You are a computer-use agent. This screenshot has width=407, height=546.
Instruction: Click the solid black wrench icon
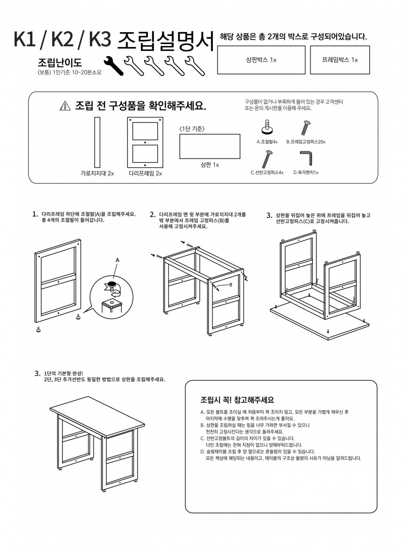(114, 66)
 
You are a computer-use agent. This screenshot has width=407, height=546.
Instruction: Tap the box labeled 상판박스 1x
(261, 60)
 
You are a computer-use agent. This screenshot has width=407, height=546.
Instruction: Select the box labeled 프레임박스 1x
(340, 60)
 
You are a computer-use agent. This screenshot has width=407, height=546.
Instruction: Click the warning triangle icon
(65, 106)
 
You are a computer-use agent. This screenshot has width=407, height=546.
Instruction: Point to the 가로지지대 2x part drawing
(97, 142)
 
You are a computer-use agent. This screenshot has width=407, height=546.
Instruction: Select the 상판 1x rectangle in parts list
(210, 146)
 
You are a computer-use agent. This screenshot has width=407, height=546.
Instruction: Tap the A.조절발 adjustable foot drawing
(267, 127)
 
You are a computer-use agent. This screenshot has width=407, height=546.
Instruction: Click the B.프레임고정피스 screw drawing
(306, 128)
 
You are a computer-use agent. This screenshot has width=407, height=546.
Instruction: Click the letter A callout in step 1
(117, 260)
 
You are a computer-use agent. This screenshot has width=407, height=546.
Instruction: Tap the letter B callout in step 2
(231, 285)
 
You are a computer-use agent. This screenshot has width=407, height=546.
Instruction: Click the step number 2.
(152, 215)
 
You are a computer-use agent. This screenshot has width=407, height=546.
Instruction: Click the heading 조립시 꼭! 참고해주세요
(237, 400)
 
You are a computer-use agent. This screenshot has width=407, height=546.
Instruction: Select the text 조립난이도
(60, 63)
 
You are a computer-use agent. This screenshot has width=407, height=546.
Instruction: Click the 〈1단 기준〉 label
(192, 129)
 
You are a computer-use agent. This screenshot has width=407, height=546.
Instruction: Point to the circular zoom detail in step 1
(111, 298)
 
